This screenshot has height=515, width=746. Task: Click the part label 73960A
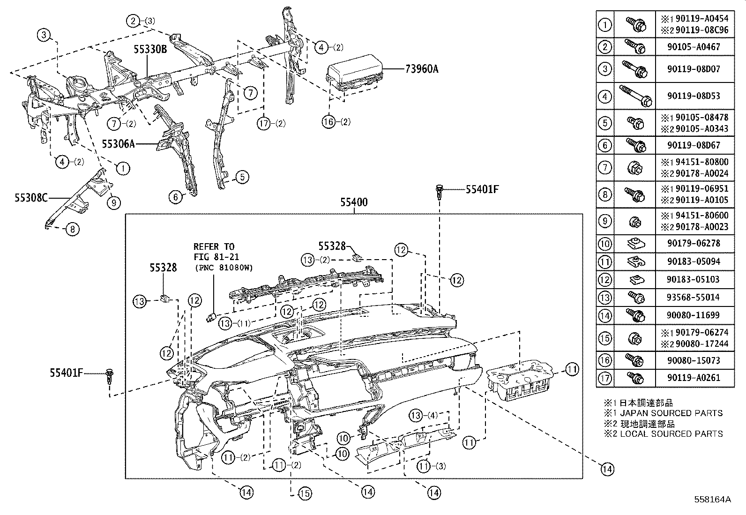click(x=422, y=69)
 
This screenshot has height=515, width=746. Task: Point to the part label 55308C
click(x=31, y=198)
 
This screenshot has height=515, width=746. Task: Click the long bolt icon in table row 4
click(x=635, y=96)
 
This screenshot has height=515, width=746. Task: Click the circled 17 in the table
click(x=605, y=378)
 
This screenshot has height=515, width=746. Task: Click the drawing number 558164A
click(x=712, y=500)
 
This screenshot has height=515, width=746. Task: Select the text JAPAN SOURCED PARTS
click(x=671, y=413)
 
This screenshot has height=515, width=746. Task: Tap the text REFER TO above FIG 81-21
click(x=214, y=246)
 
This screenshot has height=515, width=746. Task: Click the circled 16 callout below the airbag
click(x=329, y=122)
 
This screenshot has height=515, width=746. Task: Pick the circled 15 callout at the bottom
click(x=304, y=493)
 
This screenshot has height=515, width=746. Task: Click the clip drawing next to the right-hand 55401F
click(x=440, y=192)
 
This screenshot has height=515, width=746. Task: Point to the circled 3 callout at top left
click(x=44, y=34)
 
